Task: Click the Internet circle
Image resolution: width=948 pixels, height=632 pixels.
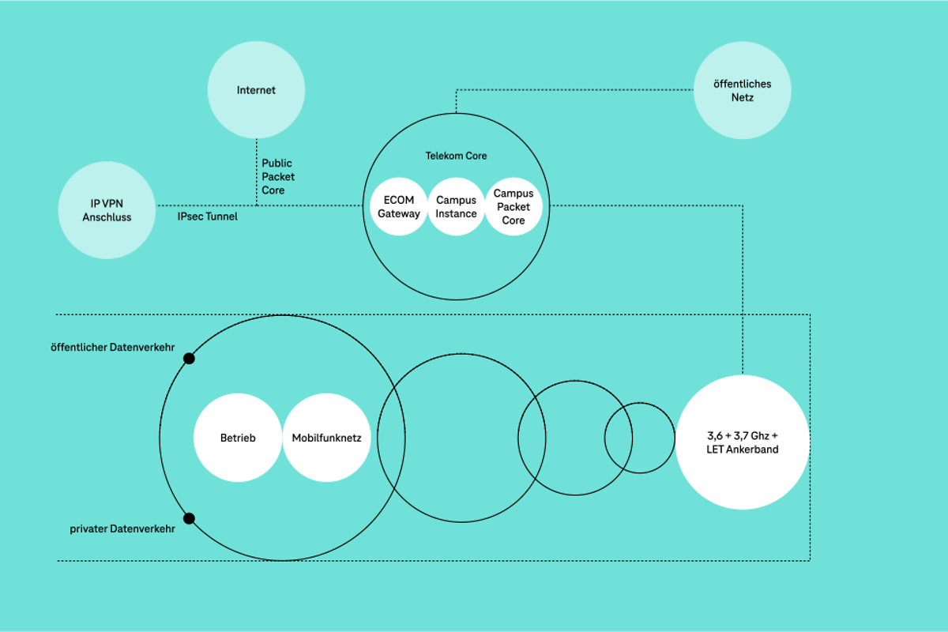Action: coord(256,90)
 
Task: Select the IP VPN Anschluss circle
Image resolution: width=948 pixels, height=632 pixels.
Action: coord(107,210)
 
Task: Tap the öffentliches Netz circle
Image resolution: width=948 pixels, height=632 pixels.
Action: coord(742,90)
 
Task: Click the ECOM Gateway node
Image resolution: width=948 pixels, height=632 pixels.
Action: coord(399,207)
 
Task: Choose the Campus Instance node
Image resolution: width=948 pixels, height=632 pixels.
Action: coord(456,207)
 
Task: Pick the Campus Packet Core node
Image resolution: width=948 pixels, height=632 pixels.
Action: coord(513,207)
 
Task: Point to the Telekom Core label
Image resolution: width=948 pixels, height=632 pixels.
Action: coord(456,156)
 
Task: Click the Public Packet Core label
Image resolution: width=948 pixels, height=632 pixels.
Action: coord(277,177)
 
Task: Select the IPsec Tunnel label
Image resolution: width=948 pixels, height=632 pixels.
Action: coord(207,216)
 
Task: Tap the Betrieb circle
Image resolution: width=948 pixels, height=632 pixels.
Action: coord(237,438)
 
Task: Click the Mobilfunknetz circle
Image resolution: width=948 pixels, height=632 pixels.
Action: coord(326,438)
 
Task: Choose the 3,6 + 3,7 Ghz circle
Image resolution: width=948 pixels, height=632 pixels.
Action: coord(742,442)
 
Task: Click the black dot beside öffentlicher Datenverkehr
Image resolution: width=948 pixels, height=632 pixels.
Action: coord(189,359)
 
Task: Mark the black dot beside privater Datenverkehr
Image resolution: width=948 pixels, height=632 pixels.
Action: coord(189,519)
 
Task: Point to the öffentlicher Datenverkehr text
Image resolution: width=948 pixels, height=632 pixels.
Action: coord(112,346)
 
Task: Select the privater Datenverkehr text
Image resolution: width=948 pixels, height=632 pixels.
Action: coord(122,529)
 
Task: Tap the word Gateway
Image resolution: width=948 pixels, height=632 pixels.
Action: coord(399,214)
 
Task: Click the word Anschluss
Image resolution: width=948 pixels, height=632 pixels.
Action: coord(107,217)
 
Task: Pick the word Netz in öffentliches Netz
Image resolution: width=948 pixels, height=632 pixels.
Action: coord(742,97)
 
